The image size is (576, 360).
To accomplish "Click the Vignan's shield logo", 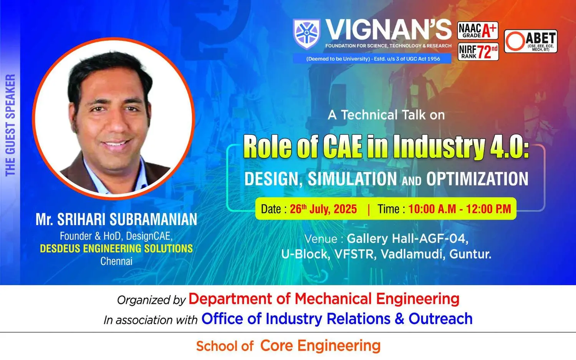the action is pos(306,34).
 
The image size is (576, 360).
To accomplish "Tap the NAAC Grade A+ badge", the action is pos(478,30).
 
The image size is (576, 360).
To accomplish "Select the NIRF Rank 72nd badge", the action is pos(478,52).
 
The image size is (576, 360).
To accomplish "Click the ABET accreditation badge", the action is pos(531,41).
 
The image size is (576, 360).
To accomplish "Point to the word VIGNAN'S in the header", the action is pos(389,29).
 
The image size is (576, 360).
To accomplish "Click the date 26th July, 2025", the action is pos(323,209).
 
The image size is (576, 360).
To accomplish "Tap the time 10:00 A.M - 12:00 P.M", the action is pos(460,209).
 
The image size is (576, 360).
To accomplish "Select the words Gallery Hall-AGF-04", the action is pos(407,239).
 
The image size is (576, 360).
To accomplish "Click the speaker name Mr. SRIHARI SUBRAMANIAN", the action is pos(116,219).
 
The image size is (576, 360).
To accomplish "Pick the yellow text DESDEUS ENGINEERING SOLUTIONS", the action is pos(116,248).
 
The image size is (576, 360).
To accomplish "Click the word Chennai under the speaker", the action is pos(116,261).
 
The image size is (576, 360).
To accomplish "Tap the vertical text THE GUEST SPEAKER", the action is pos(10,125).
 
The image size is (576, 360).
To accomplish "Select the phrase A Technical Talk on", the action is pos(386,115).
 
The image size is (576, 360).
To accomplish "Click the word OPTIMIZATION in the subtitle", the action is pos(477,179).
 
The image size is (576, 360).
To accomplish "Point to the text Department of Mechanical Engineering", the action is pos(324,299).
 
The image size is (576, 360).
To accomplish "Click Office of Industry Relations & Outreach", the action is pos(337,319).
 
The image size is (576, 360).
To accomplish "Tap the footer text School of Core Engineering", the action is pos(288,345).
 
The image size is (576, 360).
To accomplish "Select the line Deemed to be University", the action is pos(373,59).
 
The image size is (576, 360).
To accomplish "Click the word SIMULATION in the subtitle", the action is pos(352,179).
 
